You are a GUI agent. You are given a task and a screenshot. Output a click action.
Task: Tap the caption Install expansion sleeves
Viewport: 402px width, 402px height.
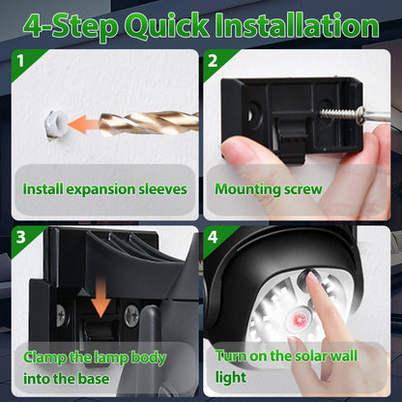click(104, 189)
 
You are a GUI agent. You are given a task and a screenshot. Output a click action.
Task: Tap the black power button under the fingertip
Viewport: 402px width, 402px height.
click(310, 281)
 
